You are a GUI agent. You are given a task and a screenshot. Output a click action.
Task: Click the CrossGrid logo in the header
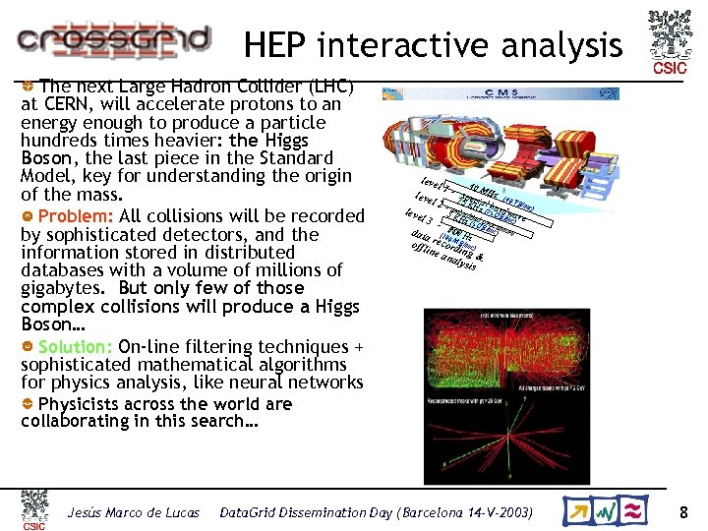(113, 39)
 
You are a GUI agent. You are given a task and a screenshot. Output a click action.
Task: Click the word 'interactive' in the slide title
(427, 45)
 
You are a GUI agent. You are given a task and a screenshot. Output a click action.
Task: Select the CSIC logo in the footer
(34, 509)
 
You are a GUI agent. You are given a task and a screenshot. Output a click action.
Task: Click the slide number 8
(683, 512)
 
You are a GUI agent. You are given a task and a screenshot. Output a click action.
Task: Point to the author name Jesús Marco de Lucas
(133, 512)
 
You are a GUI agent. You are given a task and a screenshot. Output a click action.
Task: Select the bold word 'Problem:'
(76, 216)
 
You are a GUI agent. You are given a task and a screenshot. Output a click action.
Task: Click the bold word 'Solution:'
(76, 346)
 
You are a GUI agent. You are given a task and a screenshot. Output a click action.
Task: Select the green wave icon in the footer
(609, 511)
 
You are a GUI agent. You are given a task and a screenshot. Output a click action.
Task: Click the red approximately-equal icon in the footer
(635, 511)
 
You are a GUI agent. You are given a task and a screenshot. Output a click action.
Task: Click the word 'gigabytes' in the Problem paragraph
(67, 287)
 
